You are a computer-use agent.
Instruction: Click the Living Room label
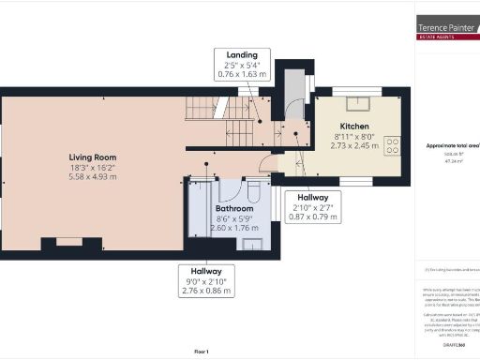(91, 157)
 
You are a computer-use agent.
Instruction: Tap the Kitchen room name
(353, 126)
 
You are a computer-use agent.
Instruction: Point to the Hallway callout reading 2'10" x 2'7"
(312, 207)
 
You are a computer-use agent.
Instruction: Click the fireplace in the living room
(70, 243)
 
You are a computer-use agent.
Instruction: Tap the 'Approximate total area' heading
(453, 146)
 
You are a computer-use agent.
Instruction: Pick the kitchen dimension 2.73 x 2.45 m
(353, 146)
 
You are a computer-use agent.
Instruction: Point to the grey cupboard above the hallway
(293, 86)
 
